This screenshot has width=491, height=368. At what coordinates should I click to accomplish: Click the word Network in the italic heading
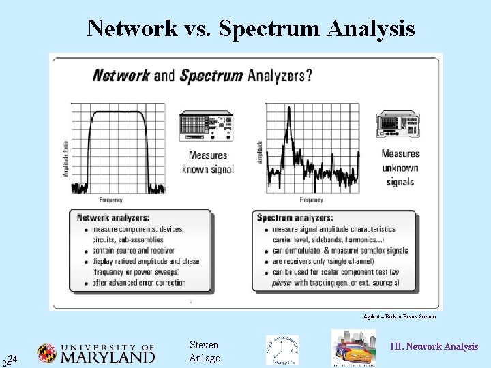(121, 74)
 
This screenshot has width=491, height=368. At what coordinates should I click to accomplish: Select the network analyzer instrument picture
(206, 127)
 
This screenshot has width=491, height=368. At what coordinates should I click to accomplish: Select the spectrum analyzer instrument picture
(398, 124)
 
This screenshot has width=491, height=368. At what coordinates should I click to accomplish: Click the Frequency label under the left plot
(111, 200)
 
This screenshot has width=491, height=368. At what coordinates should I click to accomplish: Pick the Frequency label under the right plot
(311, 200)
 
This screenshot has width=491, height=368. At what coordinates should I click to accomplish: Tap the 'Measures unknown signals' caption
(400, 168)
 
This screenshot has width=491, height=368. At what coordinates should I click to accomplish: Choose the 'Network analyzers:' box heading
(113, 218)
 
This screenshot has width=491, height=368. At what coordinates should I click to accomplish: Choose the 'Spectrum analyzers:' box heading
(295, 218)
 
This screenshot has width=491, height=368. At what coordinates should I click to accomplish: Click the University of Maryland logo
(96, 352)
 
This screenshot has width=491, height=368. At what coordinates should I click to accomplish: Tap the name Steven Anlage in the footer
(204, 352)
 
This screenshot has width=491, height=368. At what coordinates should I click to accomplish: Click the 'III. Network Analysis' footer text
(434, 346)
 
